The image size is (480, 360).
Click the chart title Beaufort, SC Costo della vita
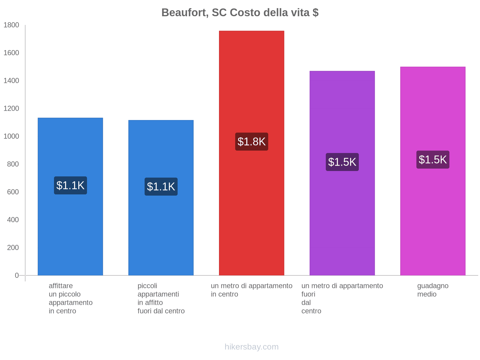pos(240,13)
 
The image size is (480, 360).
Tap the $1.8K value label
pos(251,142)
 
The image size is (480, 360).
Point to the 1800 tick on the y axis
pos(11,25)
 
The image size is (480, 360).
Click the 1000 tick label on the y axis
pos(11,136)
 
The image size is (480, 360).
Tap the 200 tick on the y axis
pos(13,248)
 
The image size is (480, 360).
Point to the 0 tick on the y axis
pos(16,275)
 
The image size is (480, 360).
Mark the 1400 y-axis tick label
pos(11,81)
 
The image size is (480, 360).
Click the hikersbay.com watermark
pos(251,347)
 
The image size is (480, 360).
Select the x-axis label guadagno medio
pos(433,290)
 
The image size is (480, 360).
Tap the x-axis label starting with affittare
pos(70,298)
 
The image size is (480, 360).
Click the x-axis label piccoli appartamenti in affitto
pos(161,298)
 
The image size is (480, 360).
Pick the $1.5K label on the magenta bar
pos(433,160)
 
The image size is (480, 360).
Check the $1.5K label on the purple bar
pos(342,162)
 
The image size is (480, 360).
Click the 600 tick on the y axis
pos(13,192)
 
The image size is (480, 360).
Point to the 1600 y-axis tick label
pos(11,53)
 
